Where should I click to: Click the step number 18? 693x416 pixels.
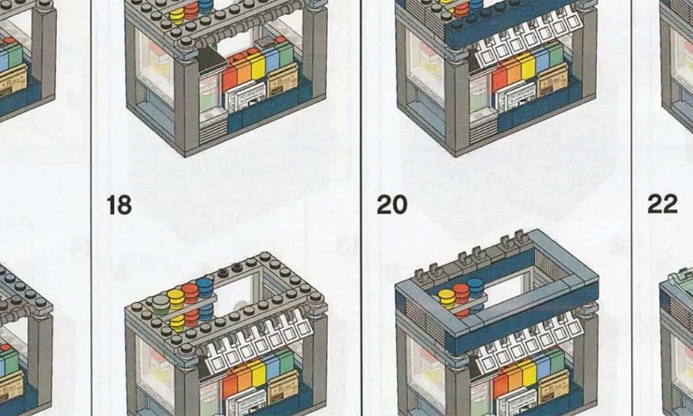(x=119, y=205)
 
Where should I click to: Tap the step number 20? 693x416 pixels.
(x=392, y=205)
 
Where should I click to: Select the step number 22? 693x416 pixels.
(x=662, y=205)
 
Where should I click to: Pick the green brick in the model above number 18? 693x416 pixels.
(x=285, y=53)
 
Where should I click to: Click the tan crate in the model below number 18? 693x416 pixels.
(x=283, y=385)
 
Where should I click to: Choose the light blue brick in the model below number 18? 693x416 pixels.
(x=270, y=366)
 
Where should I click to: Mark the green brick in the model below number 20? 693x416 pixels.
(x=555, y=359)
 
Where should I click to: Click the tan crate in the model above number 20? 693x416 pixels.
(x=553, y=82)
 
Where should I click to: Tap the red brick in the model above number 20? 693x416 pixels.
(x=499, y=79)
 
